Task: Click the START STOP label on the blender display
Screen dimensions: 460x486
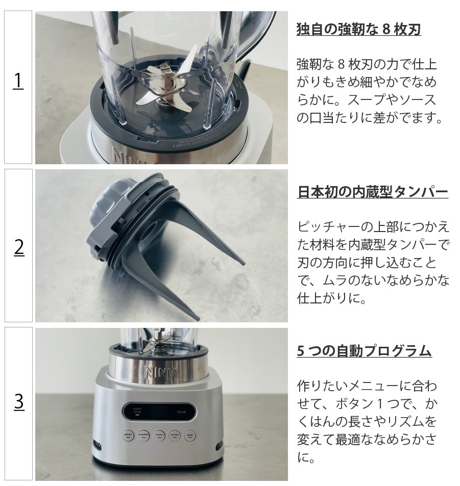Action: [x=137, y=411]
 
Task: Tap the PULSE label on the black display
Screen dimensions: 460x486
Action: [x=182, y=412]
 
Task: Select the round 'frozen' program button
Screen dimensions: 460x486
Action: [x=159, y=435]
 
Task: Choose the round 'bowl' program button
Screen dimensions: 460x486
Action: [x=190, y=436]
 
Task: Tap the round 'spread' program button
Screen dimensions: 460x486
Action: [x=175, y=436]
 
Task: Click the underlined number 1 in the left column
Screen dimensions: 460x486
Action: [x=18, y=81]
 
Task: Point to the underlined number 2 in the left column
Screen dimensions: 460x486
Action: [x=19, y=248]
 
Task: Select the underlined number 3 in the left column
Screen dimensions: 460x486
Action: [x=19, y=401]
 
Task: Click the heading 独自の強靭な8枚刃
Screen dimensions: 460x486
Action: [x=358, y=30]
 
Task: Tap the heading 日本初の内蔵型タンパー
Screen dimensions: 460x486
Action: [x=373, y=192]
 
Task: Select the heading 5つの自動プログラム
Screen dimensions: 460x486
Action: [x=364, y=351]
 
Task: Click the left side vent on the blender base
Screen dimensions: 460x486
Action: [x=97, y=445]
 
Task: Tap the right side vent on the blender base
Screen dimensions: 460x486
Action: [x=219, y=445]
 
